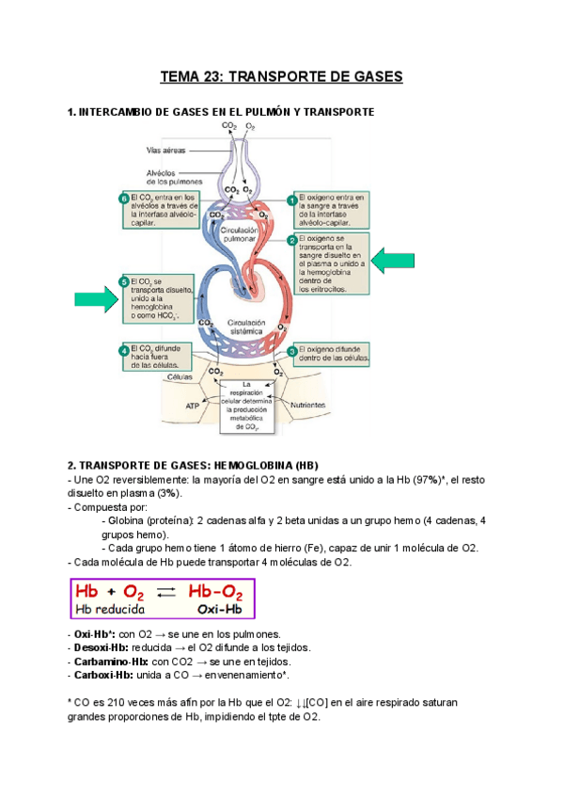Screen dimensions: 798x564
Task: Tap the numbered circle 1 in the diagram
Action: [x=292, y=199]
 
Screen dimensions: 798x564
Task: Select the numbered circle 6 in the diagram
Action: [x=123, y=199]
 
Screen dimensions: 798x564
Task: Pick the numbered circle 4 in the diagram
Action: [x=123, y=351]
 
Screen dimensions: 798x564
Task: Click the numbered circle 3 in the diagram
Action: [x=292, y=350]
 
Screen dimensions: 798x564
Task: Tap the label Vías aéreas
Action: [x=165, y=150]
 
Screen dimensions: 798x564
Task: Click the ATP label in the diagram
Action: [x=193, y=407]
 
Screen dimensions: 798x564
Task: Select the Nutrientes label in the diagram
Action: [x=308, y=406]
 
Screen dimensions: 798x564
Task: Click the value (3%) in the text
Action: [x=169, y=493]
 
